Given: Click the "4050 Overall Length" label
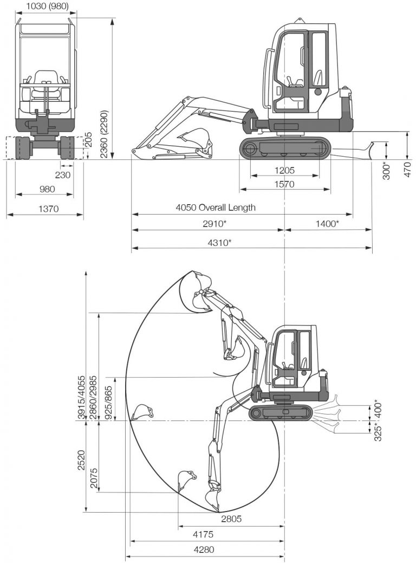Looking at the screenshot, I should tap(216, 208).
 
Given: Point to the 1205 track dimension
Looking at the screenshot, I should tap(284, 170).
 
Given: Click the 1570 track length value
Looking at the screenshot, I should tap(284, 184).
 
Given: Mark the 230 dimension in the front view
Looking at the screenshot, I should tap(63, 174).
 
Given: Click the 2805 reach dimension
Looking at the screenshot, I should tap(231, 519).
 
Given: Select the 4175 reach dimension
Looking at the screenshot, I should tap(203, 534).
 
